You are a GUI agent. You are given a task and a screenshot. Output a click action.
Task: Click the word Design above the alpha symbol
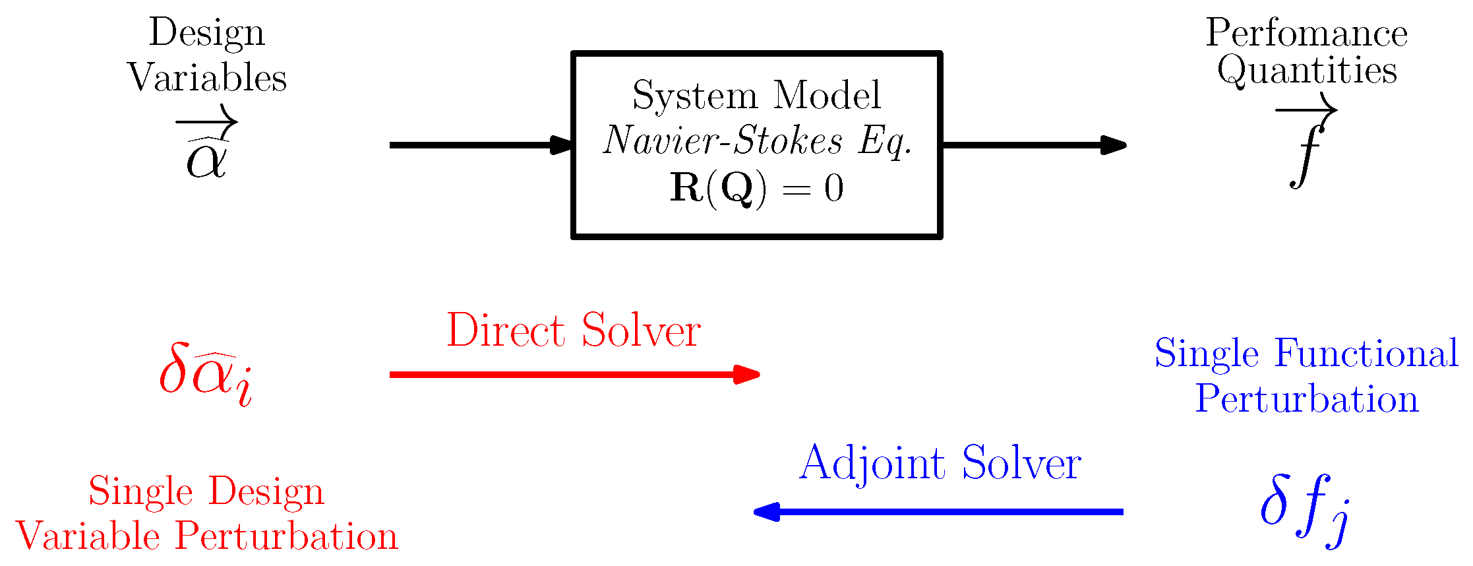pyautogui.click(x=206, y=33)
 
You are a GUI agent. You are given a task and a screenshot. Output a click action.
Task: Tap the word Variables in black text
pyautogui.click(x=206, y=78)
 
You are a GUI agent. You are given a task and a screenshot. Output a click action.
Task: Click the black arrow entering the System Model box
pyautogui.click(x=481, y=145)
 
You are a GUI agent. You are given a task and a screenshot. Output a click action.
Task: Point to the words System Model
pyautogui.click(x=756, y=96)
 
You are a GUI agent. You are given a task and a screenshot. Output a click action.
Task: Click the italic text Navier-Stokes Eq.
pyautogui.click(x=757, y=141)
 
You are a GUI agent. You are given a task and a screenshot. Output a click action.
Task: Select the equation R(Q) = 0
pyautogui.click(x=756, y=189)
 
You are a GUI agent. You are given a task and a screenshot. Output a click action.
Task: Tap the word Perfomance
pyautogui.click(x=1306, y=33)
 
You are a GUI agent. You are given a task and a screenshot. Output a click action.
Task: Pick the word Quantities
pyautogui.click(x=1306, y=71)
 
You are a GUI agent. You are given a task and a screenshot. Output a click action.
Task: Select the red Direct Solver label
pyautogui.click(x=573, y=330)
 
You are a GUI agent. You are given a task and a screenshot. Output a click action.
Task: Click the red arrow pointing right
pyautogui.click(x=574, y=375)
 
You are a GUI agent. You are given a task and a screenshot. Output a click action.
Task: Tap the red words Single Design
pyautogui.click(x=206, y=492)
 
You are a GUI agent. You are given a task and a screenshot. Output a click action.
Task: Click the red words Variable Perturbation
pyautogui.click(x=206, y=536)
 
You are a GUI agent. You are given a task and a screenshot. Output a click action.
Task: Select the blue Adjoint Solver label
pyautogui.click(x=940, y=464)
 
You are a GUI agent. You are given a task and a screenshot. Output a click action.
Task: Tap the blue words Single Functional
pyautogui.click(x=1306, y=354)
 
